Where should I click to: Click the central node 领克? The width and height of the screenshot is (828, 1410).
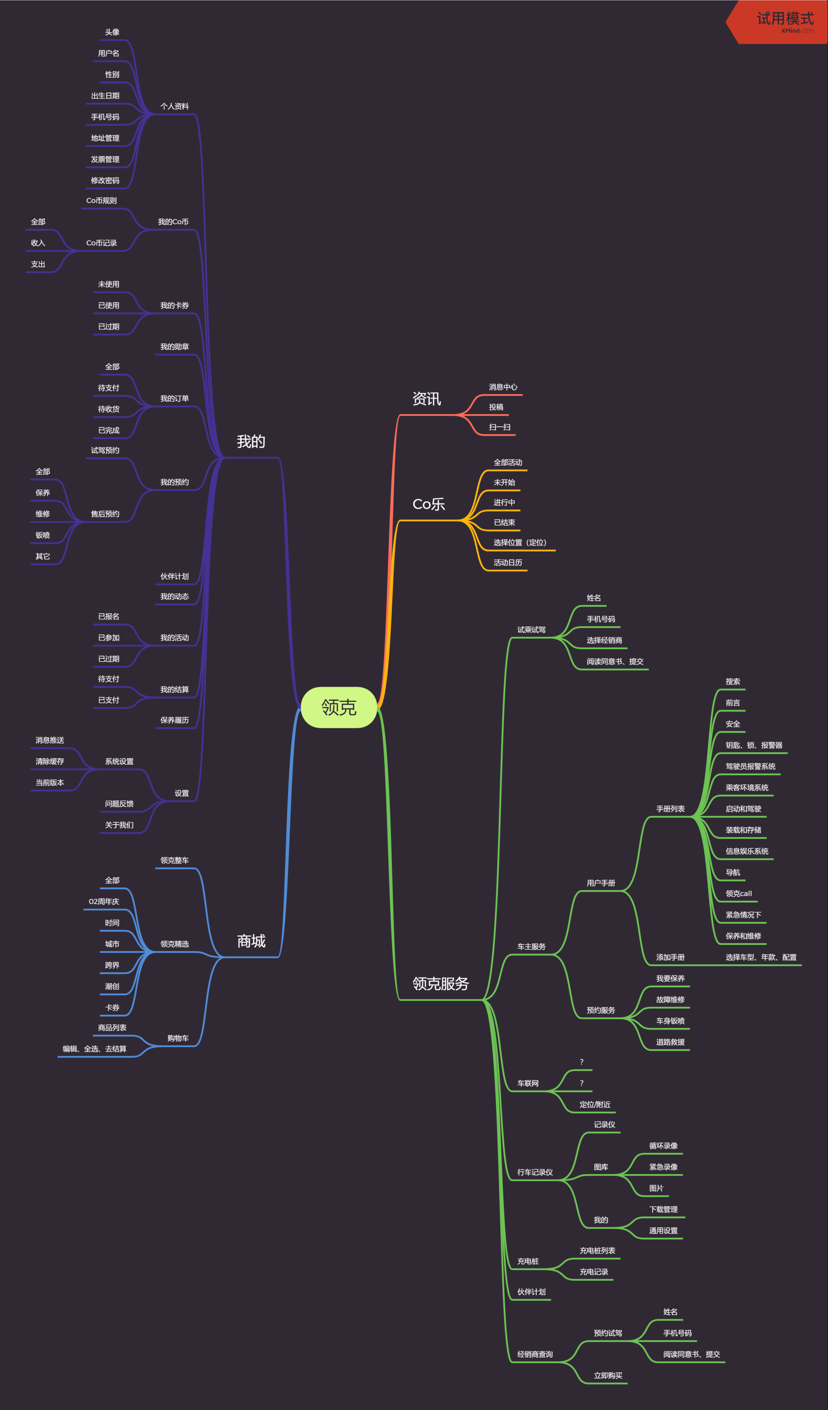pos(339,707)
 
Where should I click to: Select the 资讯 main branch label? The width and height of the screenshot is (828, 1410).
pos(427,399)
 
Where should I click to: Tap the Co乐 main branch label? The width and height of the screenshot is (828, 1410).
pos(429,504)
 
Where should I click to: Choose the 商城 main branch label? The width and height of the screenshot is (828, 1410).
pos(251,941)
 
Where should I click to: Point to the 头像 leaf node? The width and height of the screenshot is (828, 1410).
pos(112,32)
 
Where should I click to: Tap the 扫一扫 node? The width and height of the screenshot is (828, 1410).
pos(499,427)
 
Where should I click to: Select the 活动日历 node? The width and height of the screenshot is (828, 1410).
pos(508,563)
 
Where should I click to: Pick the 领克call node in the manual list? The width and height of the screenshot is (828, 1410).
pos(738,894)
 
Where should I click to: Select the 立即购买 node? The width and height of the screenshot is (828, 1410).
pos(608,1376)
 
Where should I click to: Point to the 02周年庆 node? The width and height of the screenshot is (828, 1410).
pos(104,902)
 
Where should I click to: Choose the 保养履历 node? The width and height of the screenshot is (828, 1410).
pos(175,721)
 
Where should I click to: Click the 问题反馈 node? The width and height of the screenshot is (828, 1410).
pos(119,804)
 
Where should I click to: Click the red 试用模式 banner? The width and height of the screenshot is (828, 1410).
pos(783,21)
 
